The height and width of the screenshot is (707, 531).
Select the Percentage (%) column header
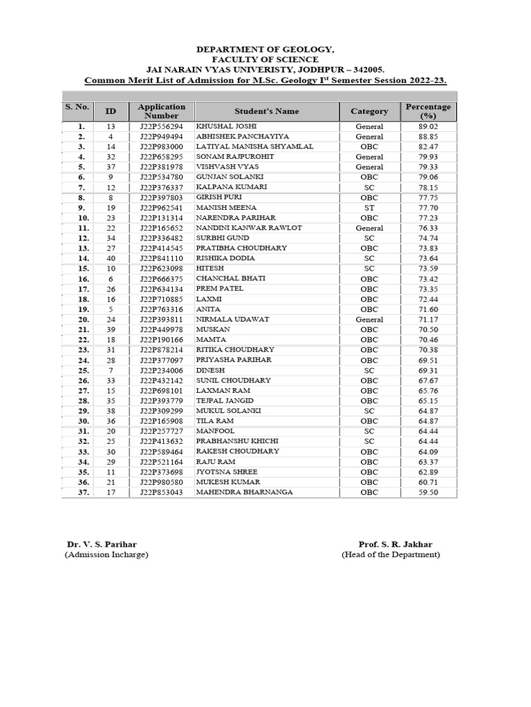click(428, 111)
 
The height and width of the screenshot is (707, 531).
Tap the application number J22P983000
click(161, 147)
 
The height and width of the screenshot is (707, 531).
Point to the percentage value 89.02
click(428, 127)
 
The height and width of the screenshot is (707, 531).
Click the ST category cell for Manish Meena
click(369, 208)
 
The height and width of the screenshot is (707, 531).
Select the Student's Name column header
click(266, 111)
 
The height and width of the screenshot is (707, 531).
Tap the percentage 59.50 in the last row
click(428, 492)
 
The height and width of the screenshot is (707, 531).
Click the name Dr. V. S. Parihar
click(102, 545)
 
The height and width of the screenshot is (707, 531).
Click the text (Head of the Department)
click(391, 555)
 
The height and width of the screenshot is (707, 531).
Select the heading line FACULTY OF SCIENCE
click(265, 60)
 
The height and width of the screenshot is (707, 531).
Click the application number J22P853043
click(161, 492)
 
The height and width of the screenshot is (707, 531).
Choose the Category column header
click(369, 111)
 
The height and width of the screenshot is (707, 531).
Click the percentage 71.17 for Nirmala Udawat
click(428, 320)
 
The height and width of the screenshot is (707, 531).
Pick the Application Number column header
click(161, 111)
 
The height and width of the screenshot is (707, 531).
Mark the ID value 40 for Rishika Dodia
click(111, 258)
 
